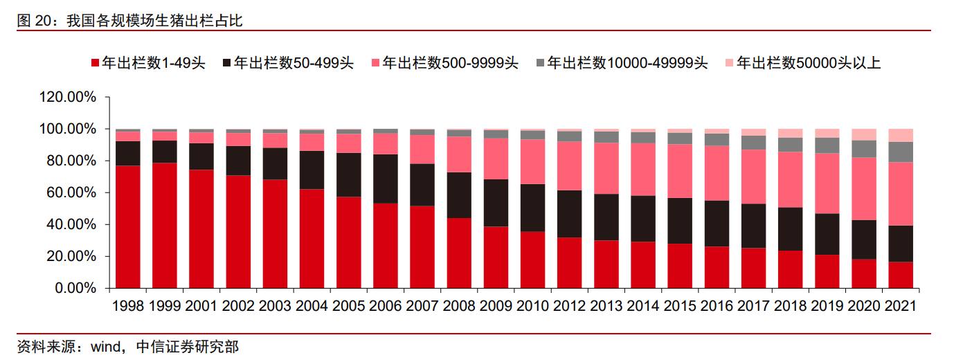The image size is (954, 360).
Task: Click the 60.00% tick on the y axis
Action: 71,193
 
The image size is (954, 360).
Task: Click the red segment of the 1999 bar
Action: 165,226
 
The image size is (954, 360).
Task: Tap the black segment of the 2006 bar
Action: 386,179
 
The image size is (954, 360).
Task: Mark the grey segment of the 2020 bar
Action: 864,149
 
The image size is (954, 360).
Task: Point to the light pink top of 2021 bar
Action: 901,135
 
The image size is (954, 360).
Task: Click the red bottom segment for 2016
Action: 717,267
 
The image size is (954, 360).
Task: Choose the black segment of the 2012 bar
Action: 569,214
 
